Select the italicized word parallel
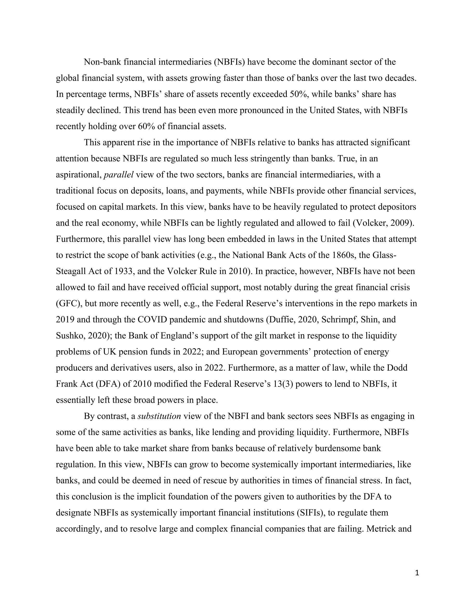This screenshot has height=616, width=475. coord(119,175)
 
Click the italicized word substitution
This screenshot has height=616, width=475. coord(159,416)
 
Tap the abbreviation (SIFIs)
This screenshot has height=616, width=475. coord(310,513)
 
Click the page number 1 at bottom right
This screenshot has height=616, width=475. coord(417,573)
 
